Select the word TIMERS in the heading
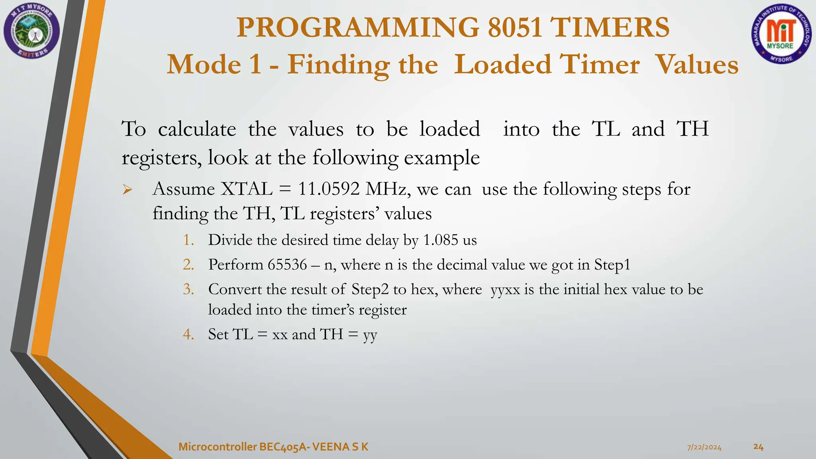(609, 27)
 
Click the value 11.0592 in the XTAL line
(329, 189)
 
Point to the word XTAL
(247, 189)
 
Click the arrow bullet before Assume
(127, 190)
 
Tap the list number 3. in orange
(188, 289)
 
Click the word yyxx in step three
(505, 290)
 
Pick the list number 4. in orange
(188, 334)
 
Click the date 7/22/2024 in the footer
(704, 447)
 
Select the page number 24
(758, 447)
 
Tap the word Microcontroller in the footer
(217, 447)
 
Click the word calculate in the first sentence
(197, 129)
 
